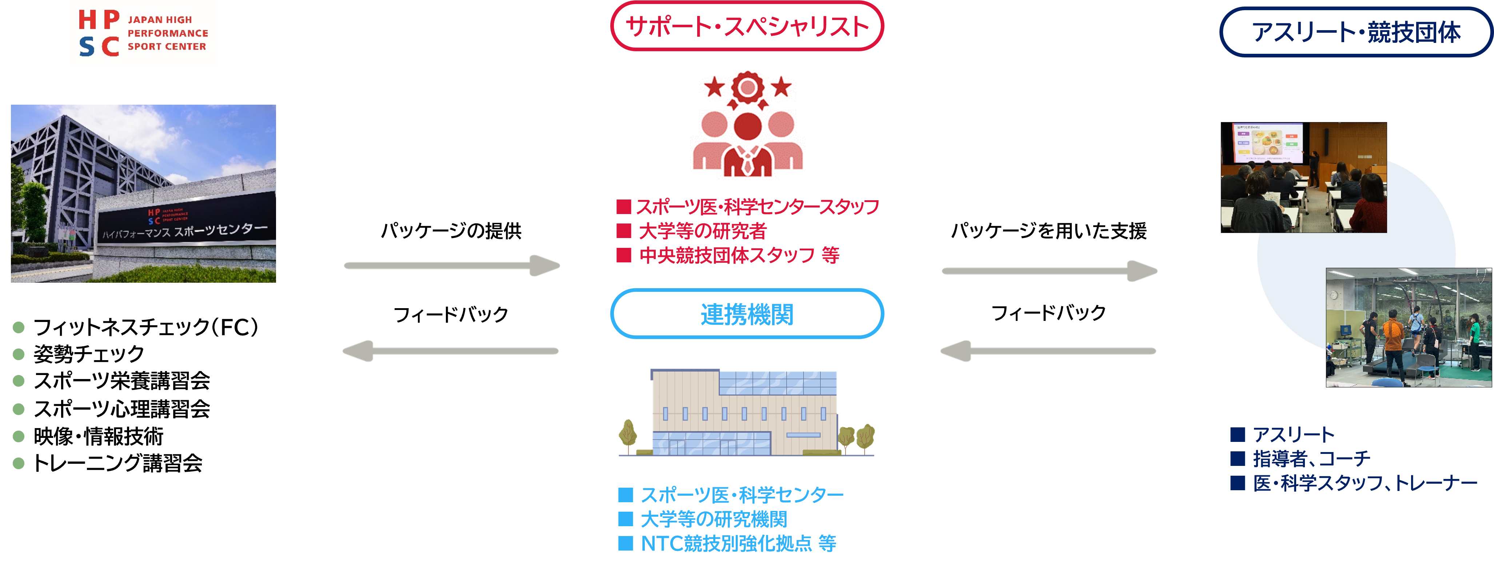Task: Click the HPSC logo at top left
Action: pos(143,33)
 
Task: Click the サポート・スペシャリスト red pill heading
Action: pos(747,27)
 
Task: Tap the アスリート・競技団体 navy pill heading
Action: pos(1356,32)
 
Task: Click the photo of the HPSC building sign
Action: pos(143,194)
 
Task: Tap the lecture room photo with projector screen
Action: pos(1304,177)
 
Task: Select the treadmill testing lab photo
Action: pos(1408,327)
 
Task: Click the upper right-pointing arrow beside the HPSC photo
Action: pos(452,266)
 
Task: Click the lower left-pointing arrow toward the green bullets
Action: pos(451,351)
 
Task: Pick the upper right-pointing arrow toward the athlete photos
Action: pos(1050,271)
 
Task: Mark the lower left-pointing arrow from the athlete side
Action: pos(1048,351)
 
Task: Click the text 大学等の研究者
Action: pos(702,231)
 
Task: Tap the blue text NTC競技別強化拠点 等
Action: pos(738,543)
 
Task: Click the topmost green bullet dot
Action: pos(19,327)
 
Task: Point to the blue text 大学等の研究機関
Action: pos(714,519)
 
